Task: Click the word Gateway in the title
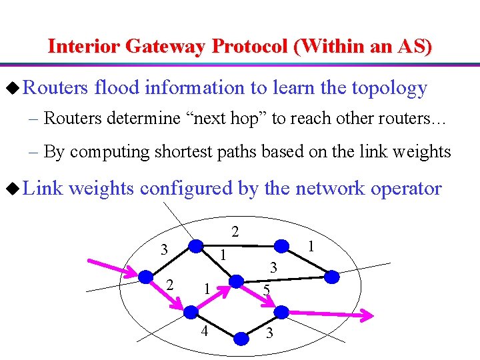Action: click(x=166, y=47)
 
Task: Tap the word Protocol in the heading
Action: click(x=251, y=47)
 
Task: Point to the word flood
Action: click(x=116, y=88)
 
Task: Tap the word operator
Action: click(x=401, y=189)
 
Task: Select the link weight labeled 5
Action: click(x=266, y=290)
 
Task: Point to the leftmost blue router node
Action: click(x=145, y=276)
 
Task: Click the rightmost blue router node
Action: click(x=330, y=276)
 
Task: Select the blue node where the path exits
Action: click(x=282, y=311)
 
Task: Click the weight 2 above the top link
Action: click(x=235, y=231)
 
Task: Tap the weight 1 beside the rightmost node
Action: click(x=310, y=246)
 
